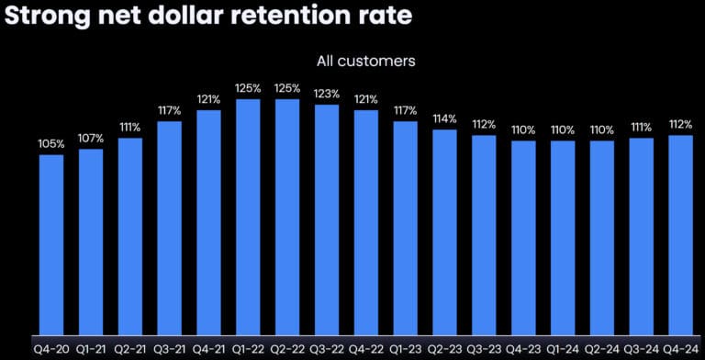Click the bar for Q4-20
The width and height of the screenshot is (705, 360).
point(51,243)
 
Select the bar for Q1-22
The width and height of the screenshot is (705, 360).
point(248,216)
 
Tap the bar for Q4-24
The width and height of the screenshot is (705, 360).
point(680,234)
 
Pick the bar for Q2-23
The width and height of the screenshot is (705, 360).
point(444,231)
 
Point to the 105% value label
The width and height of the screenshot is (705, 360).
point(51,144)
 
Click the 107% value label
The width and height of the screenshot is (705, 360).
point(91,139)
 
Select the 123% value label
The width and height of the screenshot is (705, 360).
point(327,94)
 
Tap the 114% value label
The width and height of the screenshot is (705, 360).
point(445,118)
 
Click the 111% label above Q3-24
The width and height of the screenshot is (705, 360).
point(641,128)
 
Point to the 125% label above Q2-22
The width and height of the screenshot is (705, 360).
point(287,88)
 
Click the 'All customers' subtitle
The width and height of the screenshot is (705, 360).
point(365,61)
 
